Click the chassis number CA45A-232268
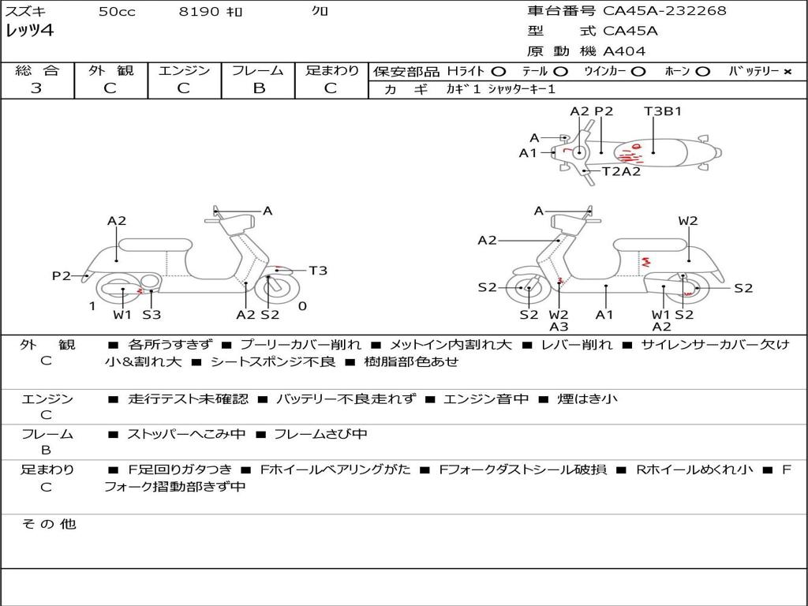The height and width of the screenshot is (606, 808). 664,11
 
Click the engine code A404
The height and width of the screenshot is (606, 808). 624,51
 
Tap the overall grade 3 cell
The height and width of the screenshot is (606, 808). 36,88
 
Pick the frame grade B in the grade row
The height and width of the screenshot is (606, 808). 259,88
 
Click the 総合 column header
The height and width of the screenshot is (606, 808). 37,71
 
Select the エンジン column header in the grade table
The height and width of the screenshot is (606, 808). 184,71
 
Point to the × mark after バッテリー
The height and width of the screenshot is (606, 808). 787,72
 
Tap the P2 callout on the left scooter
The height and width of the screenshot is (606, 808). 62,275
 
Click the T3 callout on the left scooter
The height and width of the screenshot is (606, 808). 318,271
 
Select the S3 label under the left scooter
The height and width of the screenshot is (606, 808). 151,315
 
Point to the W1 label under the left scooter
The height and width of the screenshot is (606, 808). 122,315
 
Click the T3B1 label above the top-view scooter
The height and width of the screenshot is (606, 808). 663,111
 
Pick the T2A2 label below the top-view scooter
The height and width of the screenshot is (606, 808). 622,171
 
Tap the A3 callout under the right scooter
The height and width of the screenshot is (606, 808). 559,327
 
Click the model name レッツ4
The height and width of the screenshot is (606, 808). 30,32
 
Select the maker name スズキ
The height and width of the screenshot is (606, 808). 24,12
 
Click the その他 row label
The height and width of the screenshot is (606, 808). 48,524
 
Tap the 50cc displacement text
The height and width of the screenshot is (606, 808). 117,12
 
